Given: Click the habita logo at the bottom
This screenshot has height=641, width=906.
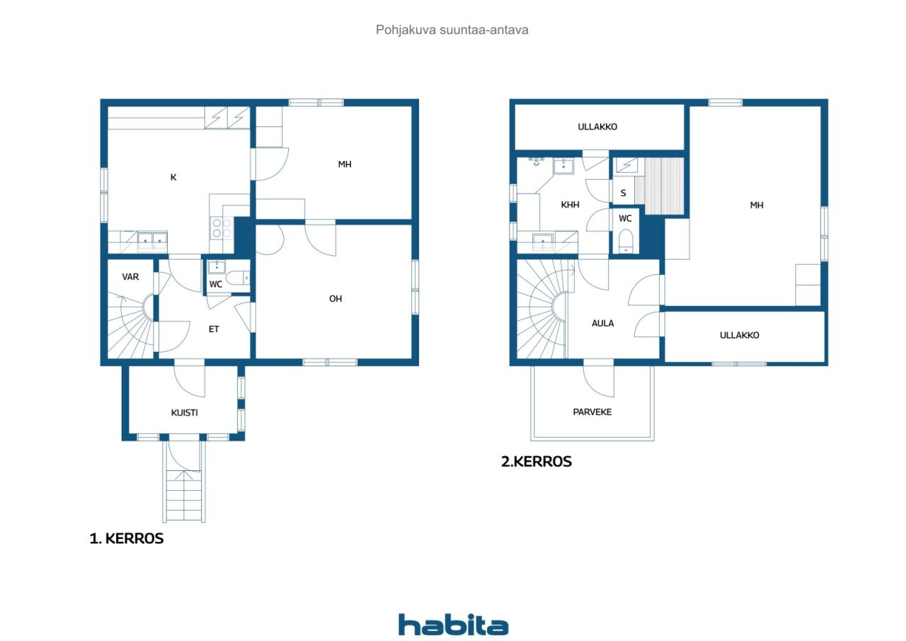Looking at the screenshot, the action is coord(453,625).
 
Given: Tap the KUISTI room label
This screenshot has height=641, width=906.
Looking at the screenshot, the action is coord(185,413).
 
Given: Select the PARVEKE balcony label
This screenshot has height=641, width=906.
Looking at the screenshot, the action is coord(592,412).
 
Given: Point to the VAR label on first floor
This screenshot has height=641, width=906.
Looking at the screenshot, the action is coord(130,277).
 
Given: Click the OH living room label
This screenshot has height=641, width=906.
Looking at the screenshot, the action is coord(336,299).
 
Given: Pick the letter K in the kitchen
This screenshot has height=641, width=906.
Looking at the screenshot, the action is coord(173,177).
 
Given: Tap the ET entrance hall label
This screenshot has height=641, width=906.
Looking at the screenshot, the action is coord(214,329).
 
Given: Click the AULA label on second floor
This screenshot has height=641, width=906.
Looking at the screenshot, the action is coord(602,323).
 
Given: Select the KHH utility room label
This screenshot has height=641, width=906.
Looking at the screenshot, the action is coord(570,205).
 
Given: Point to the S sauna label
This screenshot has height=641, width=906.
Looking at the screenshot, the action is coord(624,193).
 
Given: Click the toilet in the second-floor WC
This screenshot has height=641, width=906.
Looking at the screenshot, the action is coord(626,241).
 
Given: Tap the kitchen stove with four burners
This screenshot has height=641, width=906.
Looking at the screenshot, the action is coord(222,228).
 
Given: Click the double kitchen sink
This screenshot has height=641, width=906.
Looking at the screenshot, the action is coord(152,241).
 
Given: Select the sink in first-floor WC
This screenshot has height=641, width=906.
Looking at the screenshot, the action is coord(217,267).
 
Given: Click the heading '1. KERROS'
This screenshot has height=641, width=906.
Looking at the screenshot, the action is coord(127,538).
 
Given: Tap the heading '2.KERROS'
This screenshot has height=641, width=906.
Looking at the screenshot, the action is coord(537,462).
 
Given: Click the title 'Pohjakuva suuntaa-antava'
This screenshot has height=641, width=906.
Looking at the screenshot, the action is coord(452,30).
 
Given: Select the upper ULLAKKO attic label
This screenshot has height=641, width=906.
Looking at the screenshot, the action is coord(597,127).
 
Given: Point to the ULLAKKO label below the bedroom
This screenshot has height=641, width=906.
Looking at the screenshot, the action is coord(740,335).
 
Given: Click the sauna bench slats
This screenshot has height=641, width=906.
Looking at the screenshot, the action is coord(664,186).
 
